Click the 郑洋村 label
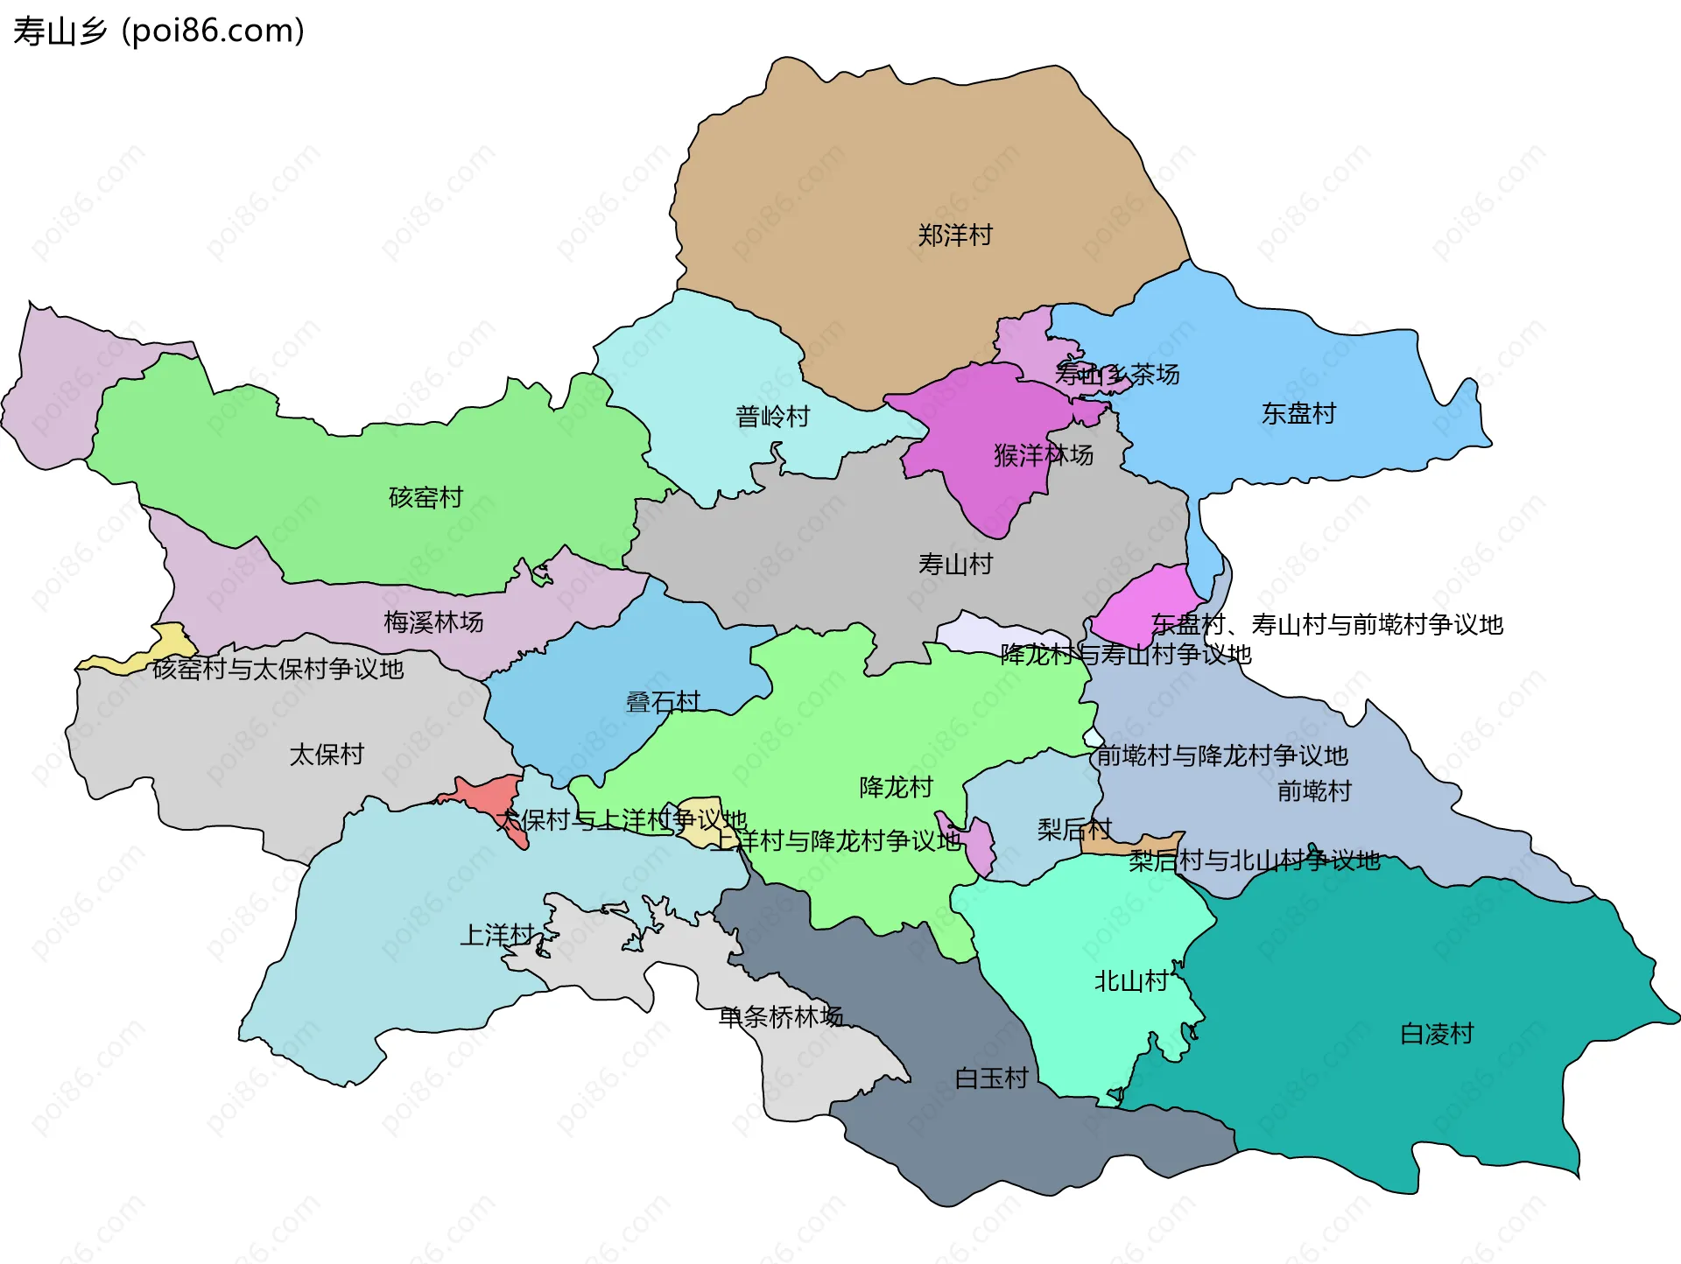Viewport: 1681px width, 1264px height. coord(954,235)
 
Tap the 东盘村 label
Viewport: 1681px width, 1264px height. coord(1298,414)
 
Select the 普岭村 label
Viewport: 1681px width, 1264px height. coord(772,417)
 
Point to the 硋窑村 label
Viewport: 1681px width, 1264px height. coord(426,497)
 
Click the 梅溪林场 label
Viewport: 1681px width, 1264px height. coord(433,622)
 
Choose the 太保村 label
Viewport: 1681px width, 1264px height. coord(327,755)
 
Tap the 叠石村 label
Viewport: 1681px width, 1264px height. coord(663,702)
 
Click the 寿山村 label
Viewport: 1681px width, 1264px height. coord(955,565)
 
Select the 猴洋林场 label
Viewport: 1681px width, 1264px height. coord(1043,455)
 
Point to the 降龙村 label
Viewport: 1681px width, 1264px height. coord(896,788)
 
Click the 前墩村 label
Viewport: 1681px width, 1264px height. coord(1314,791)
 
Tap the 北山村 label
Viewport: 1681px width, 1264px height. coord(1131,981)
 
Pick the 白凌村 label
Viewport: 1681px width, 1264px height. coord(1437,1034)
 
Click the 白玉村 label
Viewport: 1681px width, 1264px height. coord(991,1078)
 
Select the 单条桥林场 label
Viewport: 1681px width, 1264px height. coord(780,1017)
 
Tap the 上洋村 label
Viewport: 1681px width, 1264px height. coord(497,936)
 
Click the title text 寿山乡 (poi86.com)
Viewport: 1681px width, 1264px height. coord(158,31)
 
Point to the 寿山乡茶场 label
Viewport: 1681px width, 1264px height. coord(1117,375)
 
